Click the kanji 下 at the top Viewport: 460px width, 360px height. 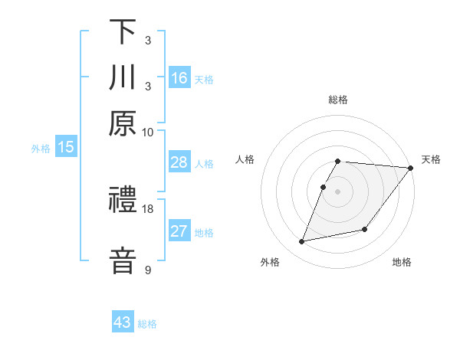pos(123,31)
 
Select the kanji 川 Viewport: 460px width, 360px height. pos(123,77)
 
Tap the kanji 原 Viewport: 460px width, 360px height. pos(123,123)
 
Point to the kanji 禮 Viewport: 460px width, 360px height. pos(123,201)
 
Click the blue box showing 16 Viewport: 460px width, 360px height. pos(179,77)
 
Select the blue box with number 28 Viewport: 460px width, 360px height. pos(179,162)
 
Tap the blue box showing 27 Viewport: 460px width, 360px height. pos(179,231)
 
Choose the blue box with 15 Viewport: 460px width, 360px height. pos(66,148)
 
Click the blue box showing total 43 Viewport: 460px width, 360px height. pos(123,322)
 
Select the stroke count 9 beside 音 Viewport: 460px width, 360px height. pos(147,270)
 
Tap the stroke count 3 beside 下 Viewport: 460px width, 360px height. pos(147,40)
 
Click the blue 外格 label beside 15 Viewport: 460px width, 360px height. pos(41,149)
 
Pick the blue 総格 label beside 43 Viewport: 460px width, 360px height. pos(148,324)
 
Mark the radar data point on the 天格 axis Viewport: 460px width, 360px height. pos(411,169)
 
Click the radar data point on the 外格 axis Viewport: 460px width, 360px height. pos(302,242)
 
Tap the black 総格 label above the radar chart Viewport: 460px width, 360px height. pos(338,100)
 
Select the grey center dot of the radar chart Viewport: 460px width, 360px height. pos(338,191)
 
